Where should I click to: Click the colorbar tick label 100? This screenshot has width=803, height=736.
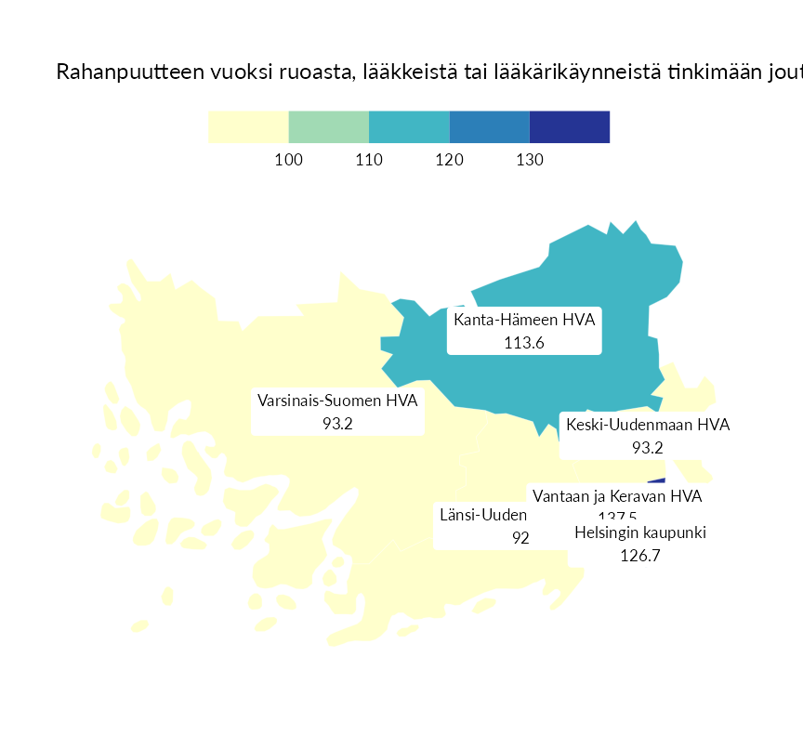tap(289, 160)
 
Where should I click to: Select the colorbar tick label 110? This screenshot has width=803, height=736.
tap(369, 160)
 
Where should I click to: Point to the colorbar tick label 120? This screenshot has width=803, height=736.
tap(450, 160)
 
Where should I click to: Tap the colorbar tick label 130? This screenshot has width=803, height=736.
tap(530, 160)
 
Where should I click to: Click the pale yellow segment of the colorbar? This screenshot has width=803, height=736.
tap(248, 126)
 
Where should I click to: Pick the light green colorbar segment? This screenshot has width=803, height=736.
tap(329, 126)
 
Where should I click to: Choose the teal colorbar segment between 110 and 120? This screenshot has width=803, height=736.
tap(409, 126)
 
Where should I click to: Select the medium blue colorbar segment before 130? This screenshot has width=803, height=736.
tap(490, 126)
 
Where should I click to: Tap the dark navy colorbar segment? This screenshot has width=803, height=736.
tap(570, 126)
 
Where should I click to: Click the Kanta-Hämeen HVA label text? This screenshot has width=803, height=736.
tap(524, 320)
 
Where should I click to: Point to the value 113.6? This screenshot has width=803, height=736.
tap(524, 342)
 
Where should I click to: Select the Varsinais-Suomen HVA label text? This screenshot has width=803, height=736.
tap(337, 401)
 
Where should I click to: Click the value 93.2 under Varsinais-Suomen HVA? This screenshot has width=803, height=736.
tap(337, 423)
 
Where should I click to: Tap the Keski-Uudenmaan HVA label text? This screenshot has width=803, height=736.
tap(648, 425)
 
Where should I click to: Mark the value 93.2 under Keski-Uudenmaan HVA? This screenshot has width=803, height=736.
tap(648, 447)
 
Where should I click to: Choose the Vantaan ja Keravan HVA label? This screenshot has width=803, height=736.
tap(617, 496)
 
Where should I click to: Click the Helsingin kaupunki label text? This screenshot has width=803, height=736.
tap(640, 533)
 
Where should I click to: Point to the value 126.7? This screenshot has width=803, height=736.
tap(640, 556)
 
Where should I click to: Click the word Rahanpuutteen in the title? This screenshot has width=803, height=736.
tap(118, 72)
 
